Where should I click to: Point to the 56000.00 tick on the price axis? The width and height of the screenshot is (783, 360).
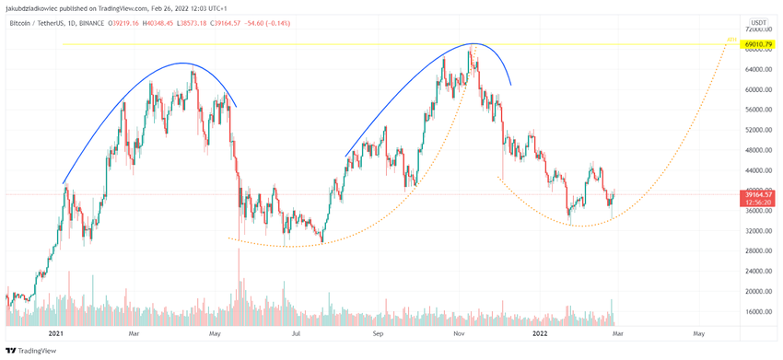click(759, 110)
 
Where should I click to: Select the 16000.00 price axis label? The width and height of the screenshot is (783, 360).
click(759, 311)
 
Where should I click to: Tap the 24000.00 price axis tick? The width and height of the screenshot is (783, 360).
click(759, 271)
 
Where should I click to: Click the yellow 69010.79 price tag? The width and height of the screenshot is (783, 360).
click(759, 43)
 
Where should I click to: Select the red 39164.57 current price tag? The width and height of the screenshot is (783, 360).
click(759, 194)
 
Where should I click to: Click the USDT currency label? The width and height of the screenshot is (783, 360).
click(759, 21)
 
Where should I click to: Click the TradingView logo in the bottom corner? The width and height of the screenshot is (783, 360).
click(27, 351)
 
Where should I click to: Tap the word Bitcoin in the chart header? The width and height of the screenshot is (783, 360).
click(23, 21)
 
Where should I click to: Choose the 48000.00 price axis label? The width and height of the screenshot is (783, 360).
click(759, 150)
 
